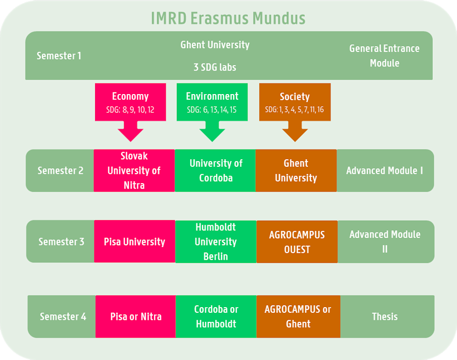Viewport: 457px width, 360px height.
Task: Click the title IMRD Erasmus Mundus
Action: point(228,18)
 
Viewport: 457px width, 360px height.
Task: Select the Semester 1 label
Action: point(58,56)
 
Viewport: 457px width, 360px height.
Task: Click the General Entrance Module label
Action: point(384,56)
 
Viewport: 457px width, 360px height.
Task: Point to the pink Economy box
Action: point(130,102)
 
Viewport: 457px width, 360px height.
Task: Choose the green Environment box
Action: point(212,102)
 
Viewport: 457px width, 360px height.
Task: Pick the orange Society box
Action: point(295,102)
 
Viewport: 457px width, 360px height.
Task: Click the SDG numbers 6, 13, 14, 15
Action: point(212,110)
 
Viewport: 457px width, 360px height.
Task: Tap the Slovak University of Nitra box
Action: point(134,170)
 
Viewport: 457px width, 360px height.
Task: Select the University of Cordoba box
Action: point(216,170)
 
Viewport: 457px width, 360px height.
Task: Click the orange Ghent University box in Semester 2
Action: point(296,170)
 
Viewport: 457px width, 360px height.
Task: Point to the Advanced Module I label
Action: point(384,170)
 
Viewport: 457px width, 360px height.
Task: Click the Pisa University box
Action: point(135,242)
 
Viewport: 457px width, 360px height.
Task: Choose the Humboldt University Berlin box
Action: point(216,242)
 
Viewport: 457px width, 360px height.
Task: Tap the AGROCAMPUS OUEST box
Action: point(297,242)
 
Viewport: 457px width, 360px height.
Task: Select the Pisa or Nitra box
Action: point(136,316)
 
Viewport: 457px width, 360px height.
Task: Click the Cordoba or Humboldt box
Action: point(216,316)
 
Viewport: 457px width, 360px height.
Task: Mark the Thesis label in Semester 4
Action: point(385,316)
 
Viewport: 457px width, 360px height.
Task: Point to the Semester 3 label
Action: point(61,242)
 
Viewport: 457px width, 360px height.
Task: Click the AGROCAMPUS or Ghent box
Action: point(298,316)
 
